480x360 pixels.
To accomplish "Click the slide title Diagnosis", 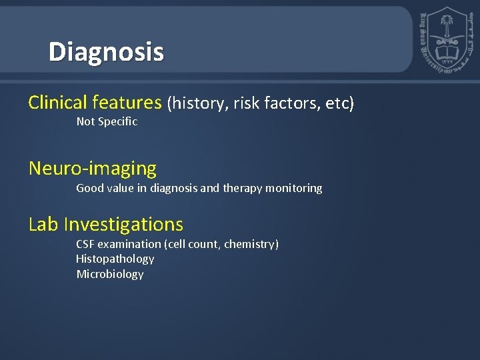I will tap(106, 51).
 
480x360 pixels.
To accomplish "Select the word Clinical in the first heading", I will tap(58, 103).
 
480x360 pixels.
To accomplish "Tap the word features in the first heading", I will tap(127, 103).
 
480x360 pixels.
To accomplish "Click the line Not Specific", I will tap(107, 121).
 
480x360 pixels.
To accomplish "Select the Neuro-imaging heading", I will tap(92, 169).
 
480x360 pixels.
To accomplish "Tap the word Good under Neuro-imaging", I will tap(89, 188).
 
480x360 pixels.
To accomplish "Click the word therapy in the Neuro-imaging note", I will tap(243, 188).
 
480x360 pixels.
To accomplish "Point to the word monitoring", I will tap(294, 188).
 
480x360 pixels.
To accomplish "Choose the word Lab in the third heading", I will tap(44, 224).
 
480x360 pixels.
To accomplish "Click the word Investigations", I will tap(123, 224).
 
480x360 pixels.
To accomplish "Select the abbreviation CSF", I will tap(85, 244).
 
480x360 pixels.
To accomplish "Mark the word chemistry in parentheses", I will tap(250, 244).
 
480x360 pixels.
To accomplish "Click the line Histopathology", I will tap(115, 259).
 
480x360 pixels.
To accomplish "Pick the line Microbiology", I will tap(109, 274).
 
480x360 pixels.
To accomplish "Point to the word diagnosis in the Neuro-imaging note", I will tap(174, 188).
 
